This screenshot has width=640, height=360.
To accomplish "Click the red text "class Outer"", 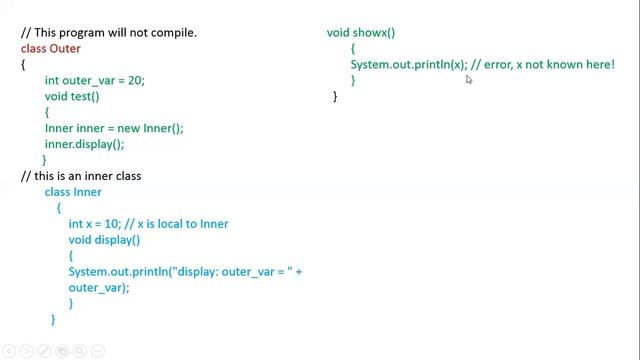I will (51, 48).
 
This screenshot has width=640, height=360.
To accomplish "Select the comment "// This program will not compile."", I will (109, 32).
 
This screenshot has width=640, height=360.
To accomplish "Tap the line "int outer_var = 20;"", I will (95, 80).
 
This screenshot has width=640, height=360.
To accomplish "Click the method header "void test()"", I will (72, 96).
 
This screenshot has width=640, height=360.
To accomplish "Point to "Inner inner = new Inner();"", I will (114, 128).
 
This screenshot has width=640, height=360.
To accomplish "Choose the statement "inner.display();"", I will (84, 144).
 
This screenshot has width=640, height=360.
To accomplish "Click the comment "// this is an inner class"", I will (81, 176).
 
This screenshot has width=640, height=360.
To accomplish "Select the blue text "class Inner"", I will (73, 192).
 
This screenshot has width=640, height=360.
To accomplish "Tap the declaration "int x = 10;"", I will (97, 224).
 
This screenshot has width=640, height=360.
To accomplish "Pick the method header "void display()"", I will (104, 240).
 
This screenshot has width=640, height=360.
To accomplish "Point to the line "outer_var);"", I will (99, 287).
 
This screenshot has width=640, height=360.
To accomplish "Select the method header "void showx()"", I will (361, 32).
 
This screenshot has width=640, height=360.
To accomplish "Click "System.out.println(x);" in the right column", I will (409, 64).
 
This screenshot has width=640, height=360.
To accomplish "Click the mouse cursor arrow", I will (468, 78).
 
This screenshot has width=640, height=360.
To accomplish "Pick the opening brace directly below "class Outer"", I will (23, 64).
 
